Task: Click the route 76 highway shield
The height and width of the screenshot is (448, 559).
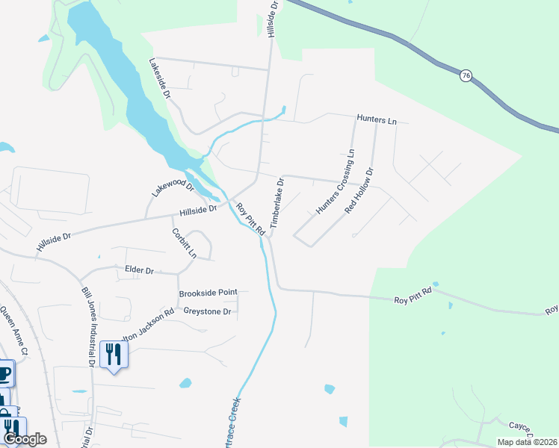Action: [x=466, y=76]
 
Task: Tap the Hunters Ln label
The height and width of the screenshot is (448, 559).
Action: [x=377, y=119]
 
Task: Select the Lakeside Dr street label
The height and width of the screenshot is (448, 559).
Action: [x=160, y=78]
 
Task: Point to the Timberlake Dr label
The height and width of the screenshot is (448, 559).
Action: [x=277, y=202]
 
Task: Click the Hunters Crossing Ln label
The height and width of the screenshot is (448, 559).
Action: [x=335, y=181]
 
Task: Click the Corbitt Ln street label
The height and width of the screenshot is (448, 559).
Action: [x=184, y=243]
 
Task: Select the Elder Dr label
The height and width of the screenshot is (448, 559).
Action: [x=138, y=271]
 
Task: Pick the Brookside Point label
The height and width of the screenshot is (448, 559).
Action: [x=208, y=293]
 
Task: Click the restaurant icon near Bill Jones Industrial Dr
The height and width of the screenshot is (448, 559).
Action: [x=114, y=354]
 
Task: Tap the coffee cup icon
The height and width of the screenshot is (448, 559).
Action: [x=4, y=372]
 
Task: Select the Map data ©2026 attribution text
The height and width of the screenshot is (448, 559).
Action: [x=527, y=442]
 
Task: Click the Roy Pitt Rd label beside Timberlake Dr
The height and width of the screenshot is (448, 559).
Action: [x=251, y=219]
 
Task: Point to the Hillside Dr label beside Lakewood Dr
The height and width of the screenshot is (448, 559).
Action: [x=197, y=211]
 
